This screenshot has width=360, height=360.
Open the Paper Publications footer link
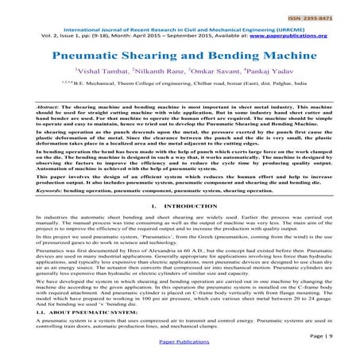pyautogui.click(x=180, y=348)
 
